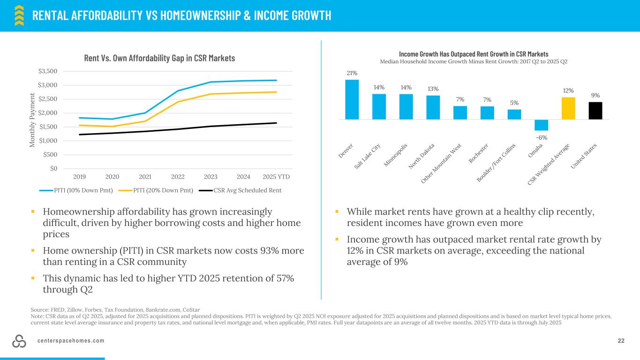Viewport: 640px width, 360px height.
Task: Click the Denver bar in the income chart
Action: pos(352,99)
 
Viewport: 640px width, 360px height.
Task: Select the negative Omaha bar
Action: pos(541,125)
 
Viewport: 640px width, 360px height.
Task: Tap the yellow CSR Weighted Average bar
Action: pos(568,108)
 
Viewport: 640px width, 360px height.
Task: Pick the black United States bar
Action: pos(595,111)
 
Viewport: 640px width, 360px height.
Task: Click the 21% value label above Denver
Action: pos(352,73)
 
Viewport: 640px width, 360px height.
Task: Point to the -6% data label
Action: pos(541,137)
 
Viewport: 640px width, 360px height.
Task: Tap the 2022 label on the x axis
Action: pos(178,177)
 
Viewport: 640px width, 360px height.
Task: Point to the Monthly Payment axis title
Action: pos(32,120)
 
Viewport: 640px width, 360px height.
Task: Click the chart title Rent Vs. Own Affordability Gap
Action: pos(159,58)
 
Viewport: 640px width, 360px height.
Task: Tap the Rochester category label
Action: pos(479,153)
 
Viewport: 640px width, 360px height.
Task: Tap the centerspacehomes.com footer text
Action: pos(71,341)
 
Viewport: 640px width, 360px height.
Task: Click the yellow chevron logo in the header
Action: pos(19,15)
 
